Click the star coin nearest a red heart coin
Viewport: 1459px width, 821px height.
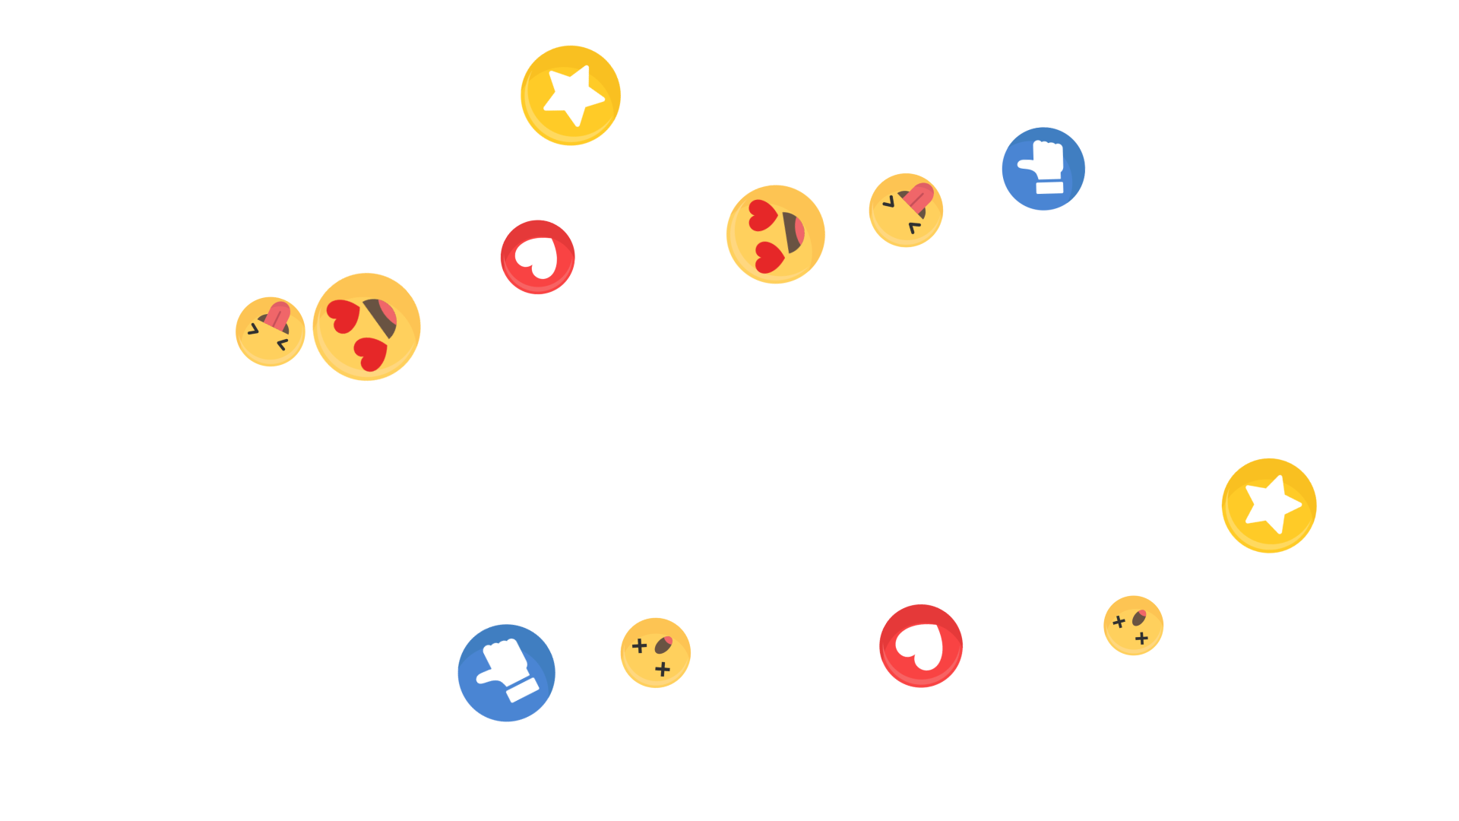571,95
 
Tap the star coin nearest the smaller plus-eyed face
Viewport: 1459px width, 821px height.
1269,506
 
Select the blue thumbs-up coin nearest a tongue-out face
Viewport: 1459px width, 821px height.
1043,169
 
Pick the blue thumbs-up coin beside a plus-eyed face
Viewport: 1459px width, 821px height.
506,673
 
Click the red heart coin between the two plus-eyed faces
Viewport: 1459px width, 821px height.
921,646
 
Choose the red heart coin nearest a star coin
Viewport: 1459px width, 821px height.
537,257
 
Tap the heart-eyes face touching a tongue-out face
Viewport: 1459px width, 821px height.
366,327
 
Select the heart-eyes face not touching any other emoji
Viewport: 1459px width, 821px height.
775,234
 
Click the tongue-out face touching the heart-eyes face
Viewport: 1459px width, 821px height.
270,331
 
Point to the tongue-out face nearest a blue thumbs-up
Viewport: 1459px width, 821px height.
906,210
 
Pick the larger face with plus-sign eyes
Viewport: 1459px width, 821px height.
656,653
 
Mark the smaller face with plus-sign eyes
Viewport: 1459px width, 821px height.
1133,626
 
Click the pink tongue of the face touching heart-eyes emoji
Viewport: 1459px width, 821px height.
278,315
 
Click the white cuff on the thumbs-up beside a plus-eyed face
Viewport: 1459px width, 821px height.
521,689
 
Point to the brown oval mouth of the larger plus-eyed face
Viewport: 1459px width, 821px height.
663,645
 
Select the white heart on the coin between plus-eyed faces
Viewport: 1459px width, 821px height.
921,646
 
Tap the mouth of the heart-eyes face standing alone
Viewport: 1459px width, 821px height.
794,232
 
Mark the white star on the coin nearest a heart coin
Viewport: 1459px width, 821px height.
574,94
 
